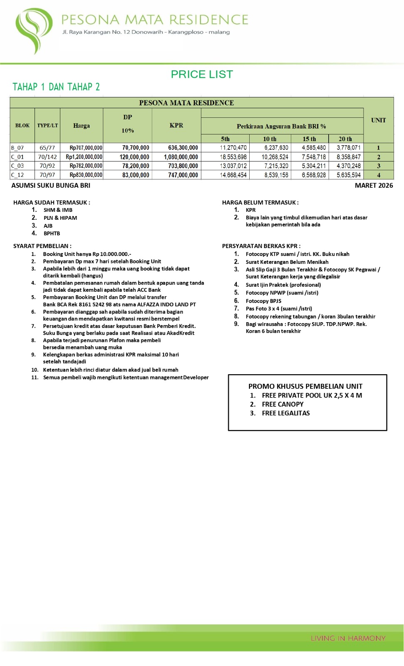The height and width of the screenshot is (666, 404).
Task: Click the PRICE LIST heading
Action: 202,74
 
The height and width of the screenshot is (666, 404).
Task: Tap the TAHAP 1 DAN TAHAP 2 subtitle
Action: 56,87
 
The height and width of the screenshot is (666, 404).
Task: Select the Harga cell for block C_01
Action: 84,157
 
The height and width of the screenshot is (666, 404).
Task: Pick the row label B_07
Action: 17,148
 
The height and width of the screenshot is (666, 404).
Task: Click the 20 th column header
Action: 345,139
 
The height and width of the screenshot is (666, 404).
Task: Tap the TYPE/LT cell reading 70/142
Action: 47,157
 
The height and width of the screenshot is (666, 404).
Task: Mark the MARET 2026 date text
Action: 374,186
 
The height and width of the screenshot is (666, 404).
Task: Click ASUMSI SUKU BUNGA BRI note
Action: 51,186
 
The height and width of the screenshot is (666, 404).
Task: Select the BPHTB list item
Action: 52,234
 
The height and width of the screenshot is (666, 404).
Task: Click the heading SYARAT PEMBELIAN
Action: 42,246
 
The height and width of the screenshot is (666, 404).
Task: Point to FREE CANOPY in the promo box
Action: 283,404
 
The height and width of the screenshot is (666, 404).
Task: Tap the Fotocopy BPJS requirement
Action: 263,301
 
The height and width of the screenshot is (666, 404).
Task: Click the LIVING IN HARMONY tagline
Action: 348,638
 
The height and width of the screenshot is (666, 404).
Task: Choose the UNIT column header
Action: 378,120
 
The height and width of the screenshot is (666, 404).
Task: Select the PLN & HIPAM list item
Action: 60,218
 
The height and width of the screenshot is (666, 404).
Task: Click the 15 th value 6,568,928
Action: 314,175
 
